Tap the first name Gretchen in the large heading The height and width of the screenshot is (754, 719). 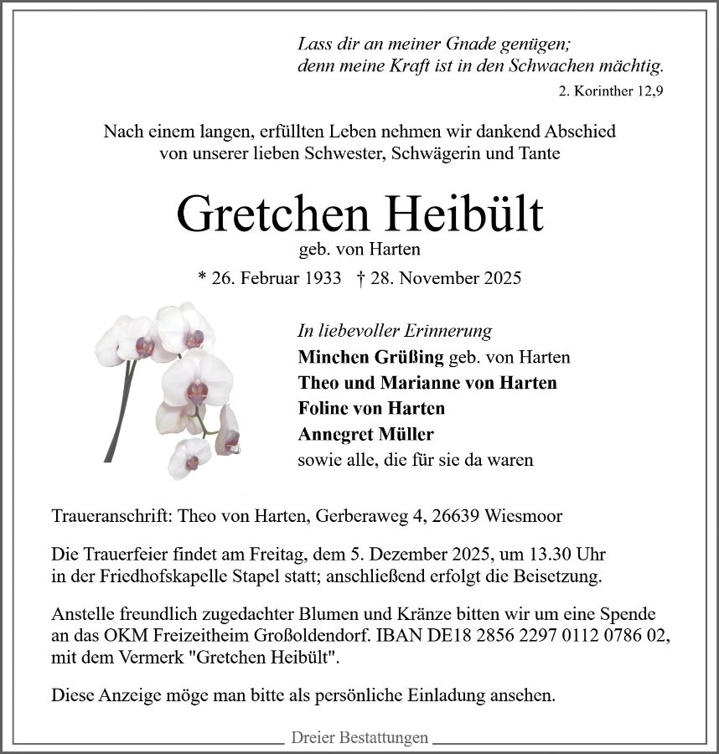tap(272, 214)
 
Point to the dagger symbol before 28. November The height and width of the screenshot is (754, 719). tap(360, 278)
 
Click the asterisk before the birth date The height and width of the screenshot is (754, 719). tap(201, 278)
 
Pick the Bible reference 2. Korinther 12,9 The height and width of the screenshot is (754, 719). tap(610, 91)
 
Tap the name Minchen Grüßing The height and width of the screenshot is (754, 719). tap(370, 357)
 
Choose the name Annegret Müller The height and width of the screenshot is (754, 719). tap(365, 434)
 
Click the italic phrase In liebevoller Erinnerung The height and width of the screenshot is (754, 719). tap(395, 331)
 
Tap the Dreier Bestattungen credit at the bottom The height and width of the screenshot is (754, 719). tap(359, 738)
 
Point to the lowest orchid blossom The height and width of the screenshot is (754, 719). tap(191, 457)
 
